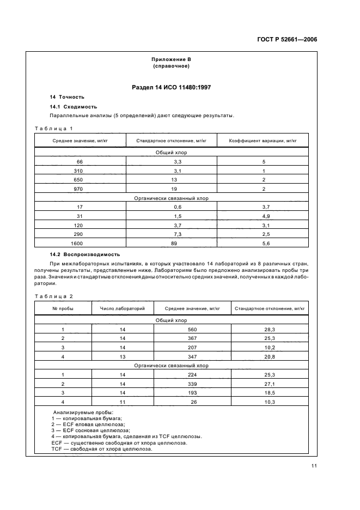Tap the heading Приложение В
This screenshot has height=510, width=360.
[171, 59]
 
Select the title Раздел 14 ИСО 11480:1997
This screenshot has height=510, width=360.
[170, 87]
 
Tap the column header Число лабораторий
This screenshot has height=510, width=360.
[123, 308]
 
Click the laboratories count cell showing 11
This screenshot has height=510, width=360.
[123, 402]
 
